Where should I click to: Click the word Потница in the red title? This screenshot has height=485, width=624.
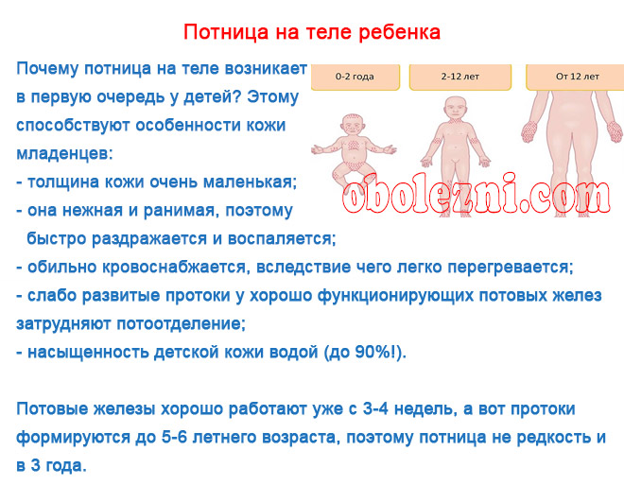(x=226, y=32)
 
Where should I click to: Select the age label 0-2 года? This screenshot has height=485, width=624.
(x=355, y=77)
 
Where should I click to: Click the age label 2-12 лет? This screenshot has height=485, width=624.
(x=460, y=77)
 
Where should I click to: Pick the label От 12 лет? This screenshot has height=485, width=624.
(x=578, y=77)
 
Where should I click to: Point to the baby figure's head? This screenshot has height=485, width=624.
(x=353, y=125)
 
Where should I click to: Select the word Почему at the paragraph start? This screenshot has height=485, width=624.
(x=47, y=69)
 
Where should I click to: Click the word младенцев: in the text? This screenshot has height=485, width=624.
(x=64, y=153)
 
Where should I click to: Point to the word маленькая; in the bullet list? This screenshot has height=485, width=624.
(x=250, y=182)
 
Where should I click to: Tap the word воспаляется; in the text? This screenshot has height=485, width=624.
(x=282, y=239)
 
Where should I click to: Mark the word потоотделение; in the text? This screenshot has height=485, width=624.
(x=182, y=324)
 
